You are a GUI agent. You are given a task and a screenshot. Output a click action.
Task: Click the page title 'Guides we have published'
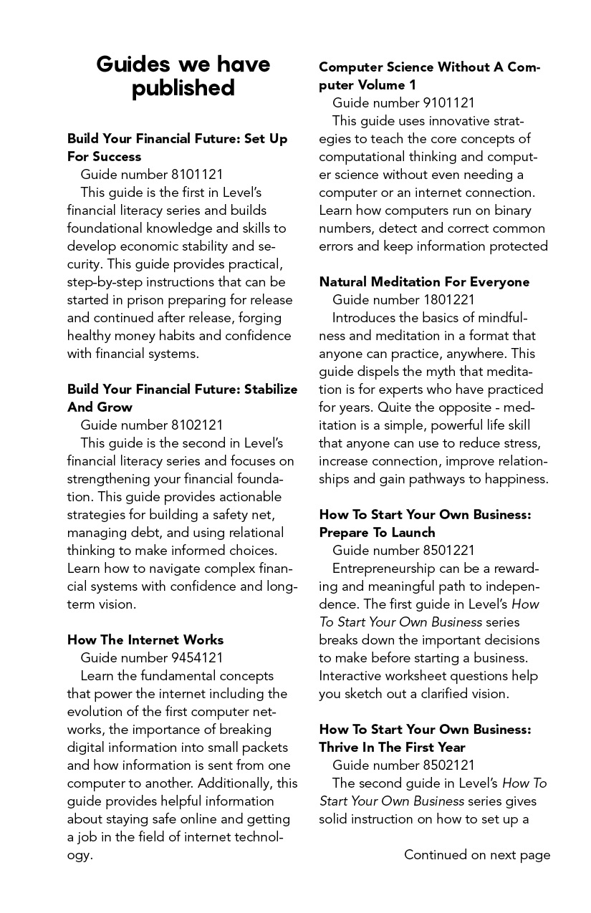point(183,76)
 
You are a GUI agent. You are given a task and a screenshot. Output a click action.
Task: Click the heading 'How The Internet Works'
point(145,639)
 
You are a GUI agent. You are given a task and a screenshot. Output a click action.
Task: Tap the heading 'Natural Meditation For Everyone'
point(424,281)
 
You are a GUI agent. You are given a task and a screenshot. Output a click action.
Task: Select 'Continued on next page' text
point(477,854)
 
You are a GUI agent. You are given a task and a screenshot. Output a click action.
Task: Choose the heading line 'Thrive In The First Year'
point(392,747)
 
